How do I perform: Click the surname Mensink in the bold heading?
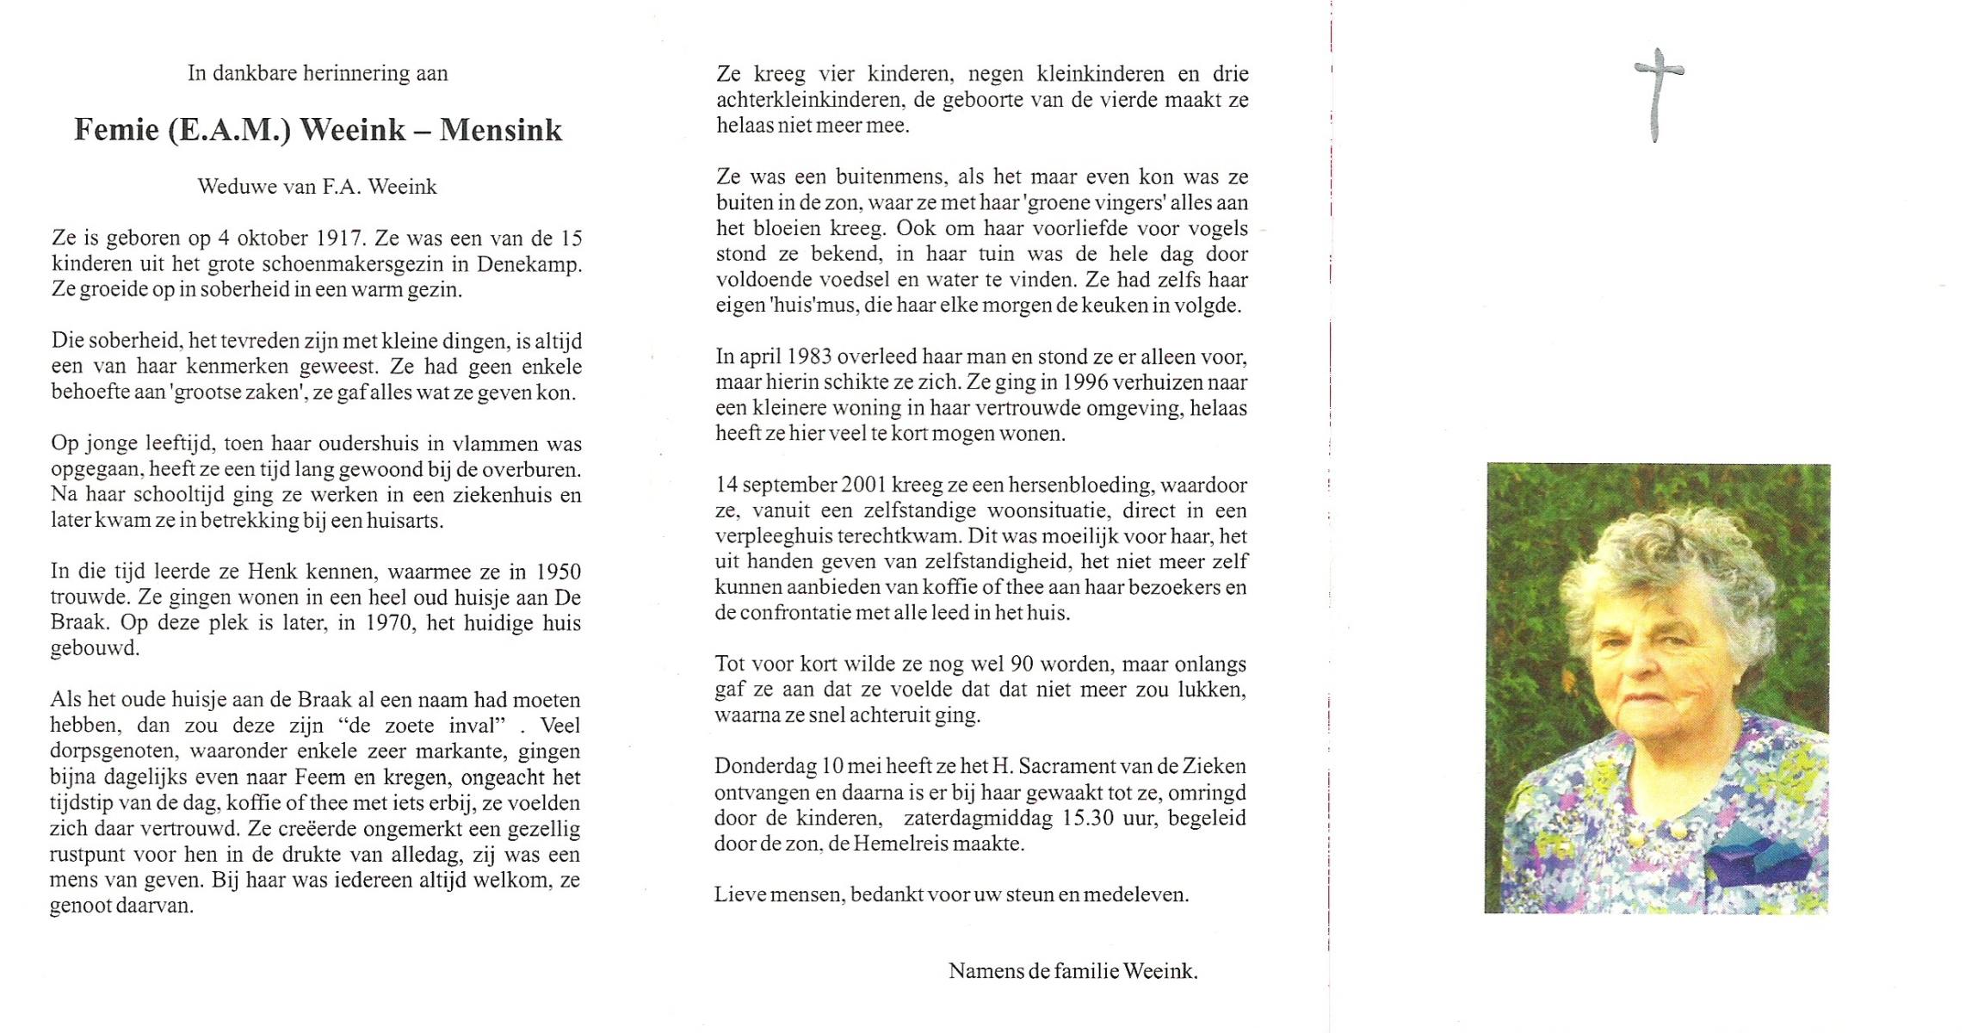[x=500, y=130]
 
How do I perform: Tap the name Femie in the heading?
[x=116, y=130]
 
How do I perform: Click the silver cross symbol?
[x=1658, y=94]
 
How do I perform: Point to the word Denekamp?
[x=528, y=264]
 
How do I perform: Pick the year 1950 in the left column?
[x=558, y=572]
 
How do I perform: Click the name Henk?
[x=274, y=572]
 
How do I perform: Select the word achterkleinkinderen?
[x=810, y=100]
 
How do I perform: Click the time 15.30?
[x=1091, y=818]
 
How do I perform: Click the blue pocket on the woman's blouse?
[x=1756, y=856]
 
